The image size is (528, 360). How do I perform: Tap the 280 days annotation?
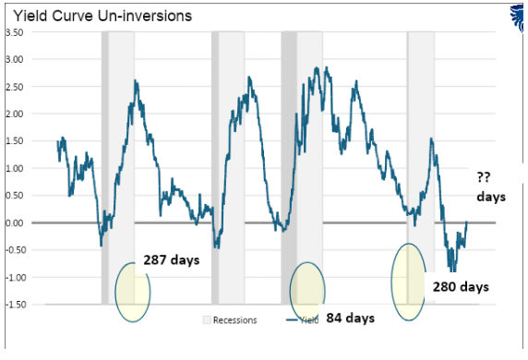460,287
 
